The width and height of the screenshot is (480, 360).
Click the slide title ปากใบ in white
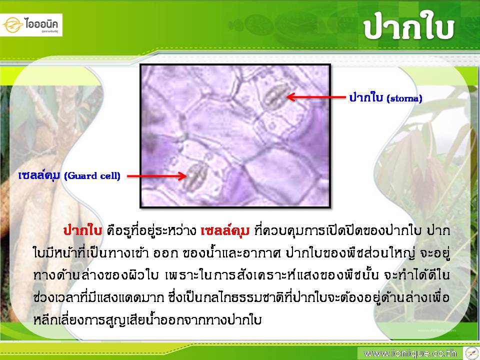click(x=408, y=26)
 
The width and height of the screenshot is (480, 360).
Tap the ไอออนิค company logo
click(x=31, y=25)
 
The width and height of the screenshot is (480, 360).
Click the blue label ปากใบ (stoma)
click(x=385, y=97)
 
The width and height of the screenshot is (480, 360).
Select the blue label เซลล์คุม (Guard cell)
click(x=69, y=175)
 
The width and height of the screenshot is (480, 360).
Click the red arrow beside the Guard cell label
click(x=156, y=175)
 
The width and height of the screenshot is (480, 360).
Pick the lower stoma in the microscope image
click(x=195, y=177)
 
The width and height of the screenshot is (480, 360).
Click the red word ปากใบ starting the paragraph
click(x=82, y=230)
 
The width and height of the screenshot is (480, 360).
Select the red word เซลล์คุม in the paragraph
click(x=225, y=230)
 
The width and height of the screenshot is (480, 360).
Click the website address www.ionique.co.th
click(x=410, y=353)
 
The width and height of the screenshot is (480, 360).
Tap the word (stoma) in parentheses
click(x=404, y=98)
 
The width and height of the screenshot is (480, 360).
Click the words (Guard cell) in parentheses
click(x=92, y=175)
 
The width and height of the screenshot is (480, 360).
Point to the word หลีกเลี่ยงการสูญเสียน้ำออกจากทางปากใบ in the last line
click(x=147, y=319)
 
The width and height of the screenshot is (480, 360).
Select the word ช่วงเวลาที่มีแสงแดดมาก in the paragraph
click(x=98, y=297)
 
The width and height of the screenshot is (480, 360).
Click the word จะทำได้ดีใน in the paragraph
click(x=417, y=274)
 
